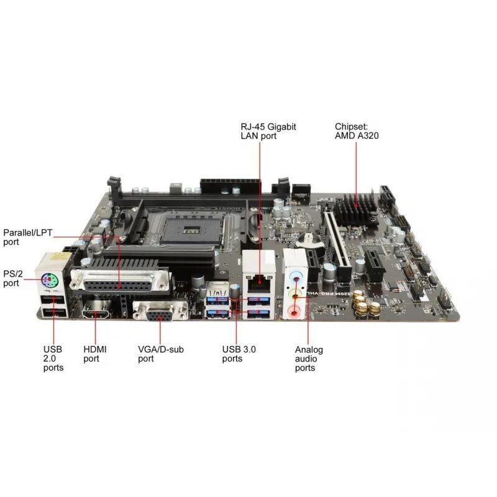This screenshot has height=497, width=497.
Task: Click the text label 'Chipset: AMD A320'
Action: pos(357,130)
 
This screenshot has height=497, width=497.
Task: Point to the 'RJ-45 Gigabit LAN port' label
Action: pos(268,130)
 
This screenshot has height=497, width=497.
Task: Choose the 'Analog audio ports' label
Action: pos(308,358)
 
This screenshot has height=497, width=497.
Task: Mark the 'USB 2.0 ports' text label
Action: pos(53,358)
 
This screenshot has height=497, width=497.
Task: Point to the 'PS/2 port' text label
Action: pos(13,278)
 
